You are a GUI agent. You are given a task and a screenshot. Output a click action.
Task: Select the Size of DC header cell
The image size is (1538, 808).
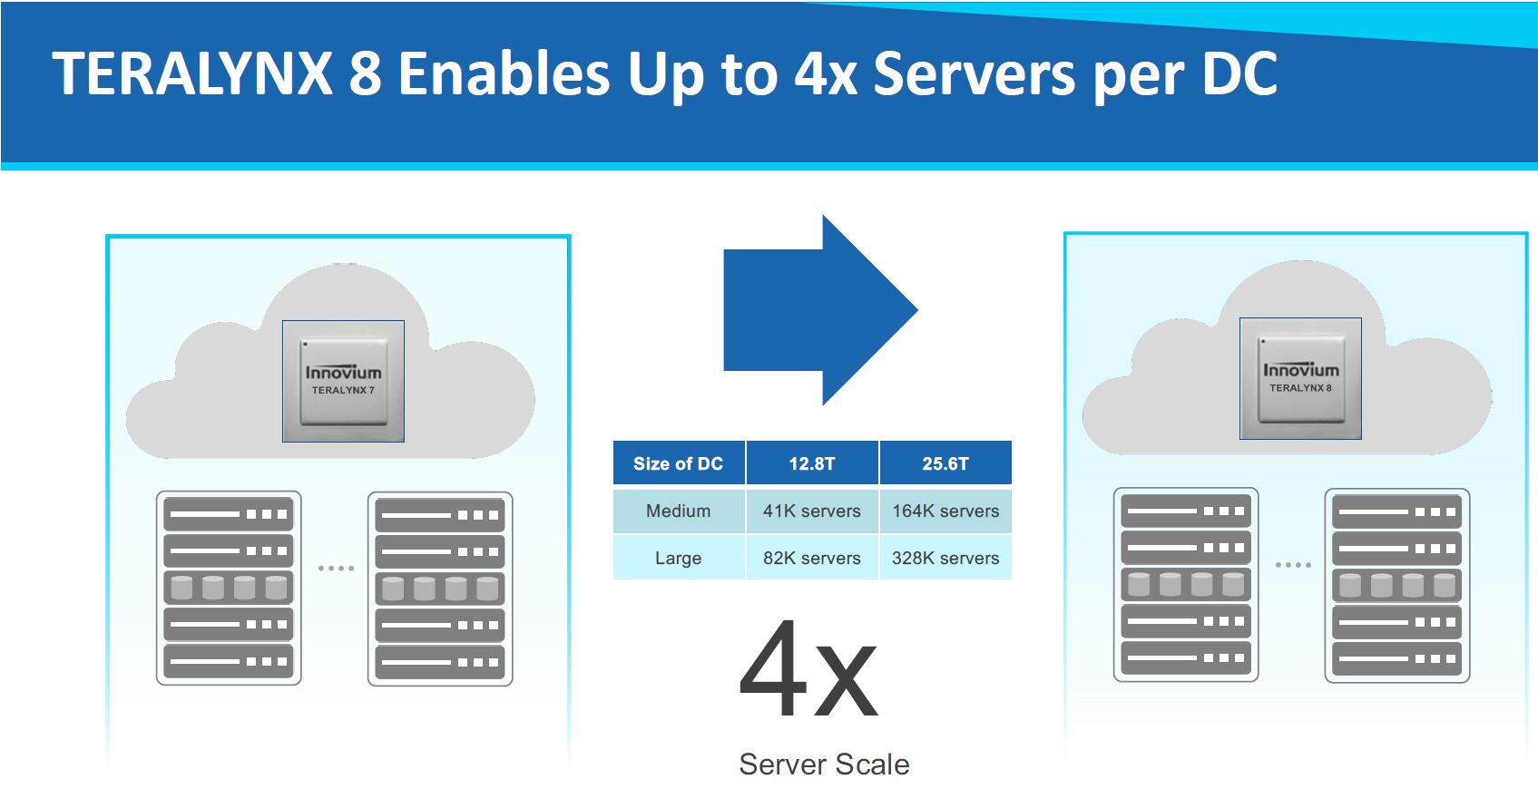678,463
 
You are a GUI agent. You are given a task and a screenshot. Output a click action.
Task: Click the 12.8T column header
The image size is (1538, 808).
811,463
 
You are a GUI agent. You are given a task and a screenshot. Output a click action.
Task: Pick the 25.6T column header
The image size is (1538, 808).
945,463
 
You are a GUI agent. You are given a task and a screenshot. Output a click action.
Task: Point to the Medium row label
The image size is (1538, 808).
678,511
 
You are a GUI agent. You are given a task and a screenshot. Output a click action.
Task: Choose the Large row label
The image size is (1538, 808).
678,558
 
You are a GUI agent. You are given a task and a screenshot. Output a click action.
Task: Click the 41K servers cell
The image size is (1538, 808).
811,511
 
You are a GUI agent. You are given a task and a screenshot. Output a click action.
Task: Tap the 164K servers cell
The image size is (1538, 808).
945,511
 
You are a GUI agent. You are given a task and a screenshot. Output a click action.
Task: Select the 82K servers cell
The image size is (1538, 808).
811,558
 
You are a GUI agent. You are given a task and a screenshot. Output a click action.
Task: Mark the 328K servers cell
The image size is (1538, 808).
945,558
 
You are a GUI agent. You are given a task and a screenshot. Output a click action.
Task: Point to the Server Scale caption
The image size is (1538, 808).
824,764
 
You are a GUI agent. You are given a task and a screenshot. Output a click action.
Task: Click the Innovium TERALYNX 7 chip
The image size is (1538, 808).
343,381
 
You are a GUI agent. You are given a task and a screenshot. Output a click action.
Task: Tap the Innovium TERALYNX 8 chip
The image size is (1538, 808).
1300,378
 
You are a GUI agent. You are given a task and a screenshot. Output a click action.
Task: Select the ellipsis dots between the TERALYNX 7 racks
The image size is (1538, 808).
336,569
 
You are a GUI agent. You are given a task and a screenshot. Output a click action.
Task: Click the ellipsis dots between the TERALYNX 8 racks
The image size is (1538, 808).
1293,565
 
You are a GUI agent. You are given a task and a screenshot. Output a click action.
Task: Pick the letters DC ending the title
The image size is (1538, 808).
1239,73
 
